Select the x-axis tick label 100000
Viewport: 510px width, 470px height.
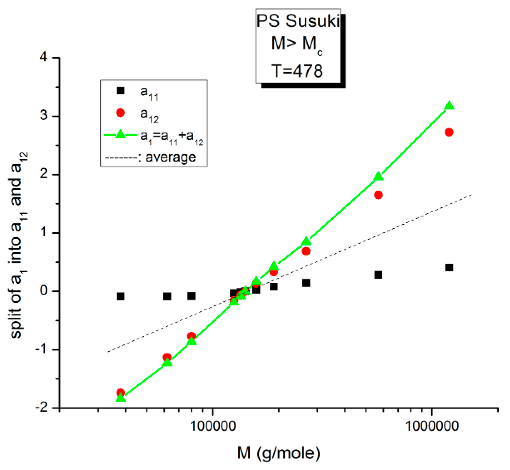point(213,426)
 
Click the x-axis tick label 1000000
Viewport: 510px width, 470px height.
point(431,426)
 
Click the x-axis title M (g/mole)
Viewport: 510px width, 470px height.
point(279,453)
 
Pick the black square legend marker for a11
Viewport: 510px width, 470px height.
point(121,91)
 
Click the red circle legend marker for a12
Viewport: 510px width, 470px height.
point(121,113)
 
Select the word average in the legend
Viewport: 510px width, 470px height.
point(171,157)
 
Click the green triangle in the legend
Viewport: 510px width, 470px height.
point(121,134)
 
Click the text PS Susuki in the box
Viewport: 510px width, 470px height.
point(298,21)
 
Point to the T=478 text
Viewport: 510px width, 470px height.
point(297,71)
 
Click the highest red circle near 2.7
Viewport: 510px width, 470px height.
point(449,132)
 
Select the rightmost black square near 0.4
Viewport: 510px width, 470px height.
point(449,268)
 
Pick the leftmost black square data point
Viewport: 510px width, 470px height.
point(121,296)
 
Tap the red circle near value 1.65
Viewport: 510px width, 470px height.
point(378,195)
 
